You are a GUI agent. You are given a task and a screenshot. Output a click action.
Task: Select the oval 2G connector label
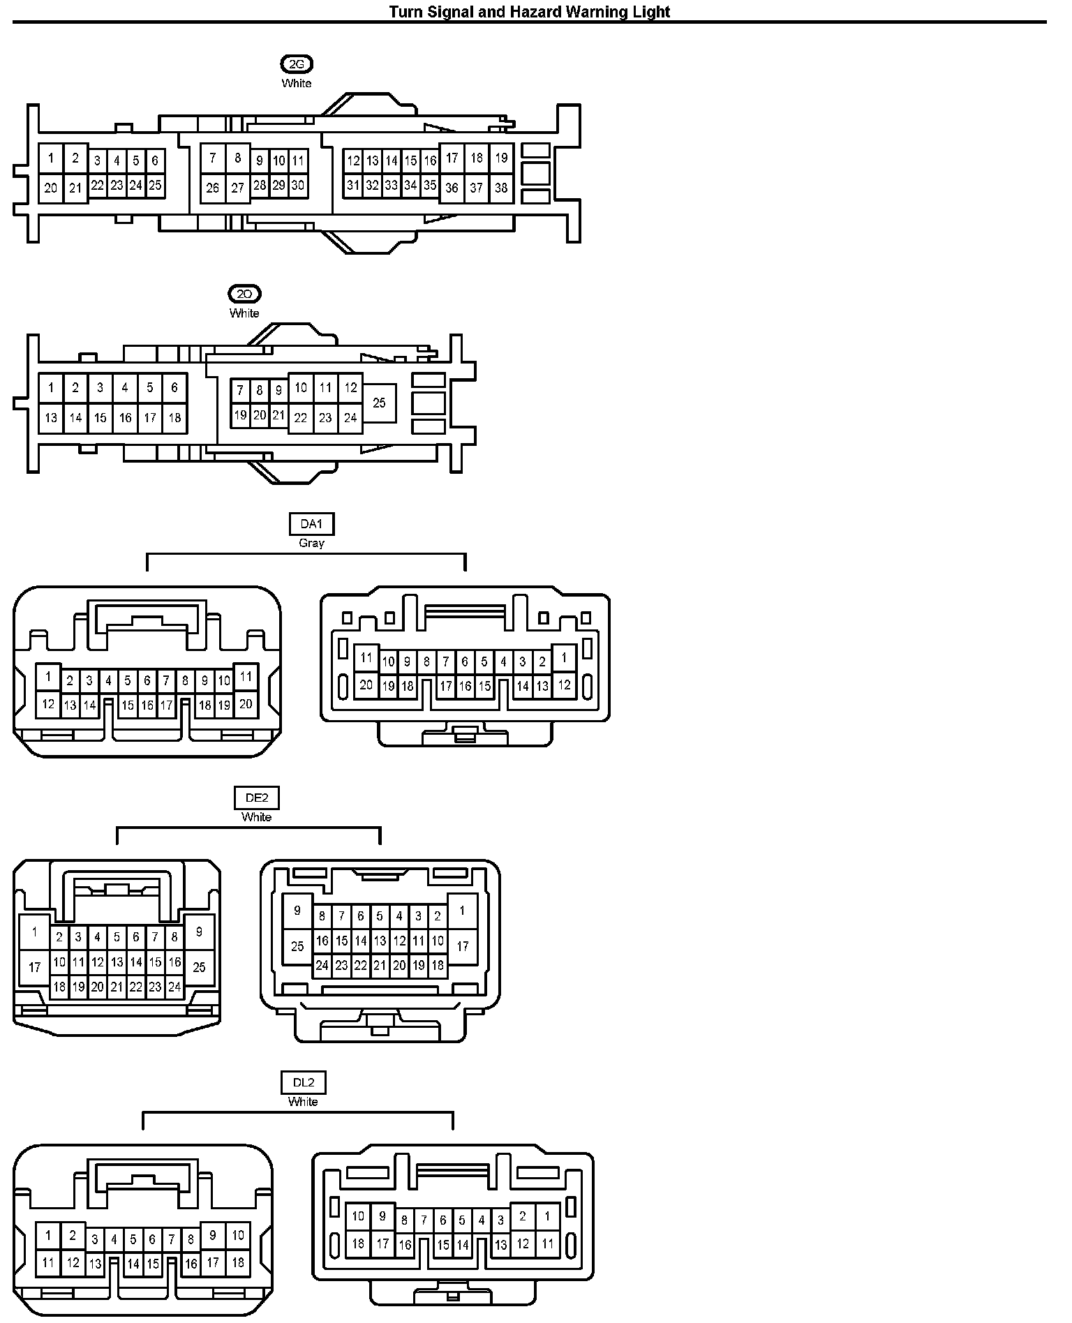click(x=297, y=65)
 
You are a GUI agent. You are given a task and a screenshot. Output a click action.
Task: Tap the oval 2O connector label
click(x=244, y=294)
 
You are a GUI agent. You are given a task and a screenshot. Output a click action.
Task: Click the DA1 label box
click(x=311, y=524)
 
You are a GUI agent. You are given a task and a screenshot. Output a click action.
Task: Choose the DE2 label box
click(x=257, y=798)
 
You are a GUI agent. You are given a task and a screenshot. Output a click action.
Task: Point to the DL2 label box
click(x=304, y=1083)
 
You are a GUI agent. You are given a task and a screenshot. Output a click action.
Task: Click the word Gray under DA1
click(x=311, y=543)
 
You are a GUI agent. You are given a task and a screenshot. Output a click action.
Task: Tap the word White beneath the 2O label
click(x=244, y=313)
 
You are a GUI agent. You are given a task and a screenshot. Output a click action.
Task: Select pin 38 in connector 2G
click(x=501, y=188)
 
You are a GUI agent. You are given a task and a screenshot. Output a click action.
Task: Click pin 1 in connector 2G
click(x=51, y=158)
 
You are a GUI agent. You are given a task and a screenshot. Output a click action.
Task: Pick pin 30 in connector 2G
click(x=298, y=186)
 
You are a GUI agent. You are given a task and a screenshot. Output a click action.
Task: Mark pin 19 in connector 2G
click(x=501, y=158)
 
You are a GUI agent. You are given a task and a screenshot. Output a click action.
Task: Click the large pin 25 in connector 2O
click(x=379, y=403)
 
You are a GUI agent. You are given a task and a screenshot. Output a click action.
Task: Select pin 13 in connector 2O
click(x=51, y=418)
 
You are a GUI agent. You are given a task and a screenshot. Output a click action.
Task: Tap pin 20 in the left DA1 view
click(x=246, y=705)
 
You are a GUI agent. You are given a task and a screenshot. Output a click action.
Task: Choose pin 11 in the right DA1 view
click(x=366, y=657)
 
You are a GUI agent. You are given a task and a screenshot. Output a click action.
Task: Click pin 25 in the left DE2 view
click(x=199, y=967)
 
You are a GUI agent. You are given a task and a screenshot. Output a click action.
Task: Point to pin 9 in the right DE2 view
click(x=297, y=911)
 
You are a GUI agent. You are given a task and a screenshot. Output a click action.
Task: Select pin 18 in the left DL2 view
click(x=237, y=1262)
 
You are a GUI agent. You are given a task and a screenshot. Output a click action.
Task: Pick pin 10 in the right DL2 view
click(x=358, y=1217)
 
